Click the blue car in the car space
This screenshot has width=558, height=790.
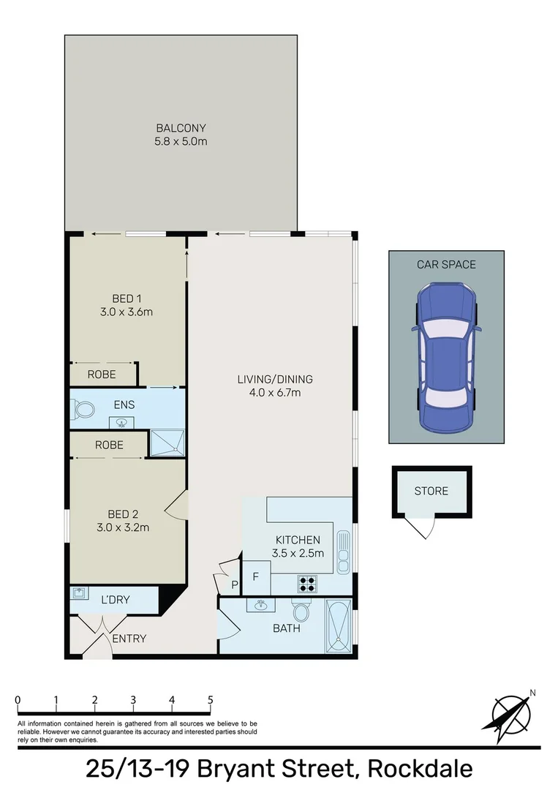coord(446,358)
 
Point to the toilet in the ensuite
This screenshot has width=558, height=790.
coord(83,412)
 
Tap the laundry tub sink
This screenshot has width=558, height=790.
coord(80,594)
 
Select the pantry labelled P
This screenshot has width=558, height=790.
coord(234,584)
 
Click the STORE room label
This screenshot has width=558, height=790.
coord(431,491)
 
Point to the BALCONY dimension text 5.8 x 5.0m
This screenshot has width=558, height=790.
coord(181,141)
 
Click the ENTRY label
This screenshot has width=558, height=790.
coord(129,639)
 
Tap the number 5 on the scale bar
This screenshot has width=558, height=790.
coord(211,699)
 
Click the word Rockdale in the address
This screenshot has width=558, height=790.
coord(420,769)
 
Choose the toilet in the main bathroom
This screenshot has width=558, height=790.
coord(301,610)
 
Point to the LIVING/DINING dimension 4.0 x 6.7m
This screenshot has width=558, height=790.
coord(274,393)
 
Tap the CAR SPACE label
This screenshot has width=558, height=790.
coord(446,264)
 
